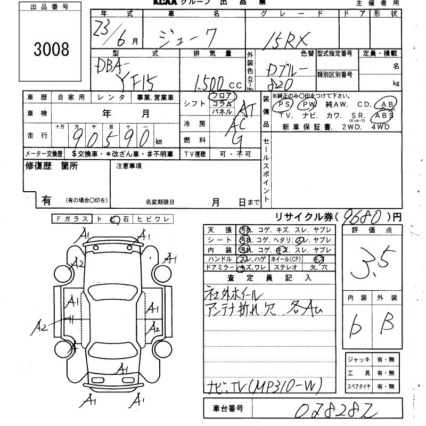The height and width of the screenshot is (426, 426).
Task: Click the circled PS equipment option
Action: pyautogui.click(x=283, y=105)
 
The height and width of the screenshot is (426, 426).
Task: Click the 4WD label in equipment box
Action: pyautogui.click(x=382, y=127)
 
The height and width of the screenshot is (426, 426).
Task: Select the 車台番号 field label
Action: pyautogui.click(x=225, y=409)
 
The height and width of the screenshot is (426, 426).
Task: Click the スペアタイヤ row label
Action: pyautogui.click(x=358, y=386)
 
